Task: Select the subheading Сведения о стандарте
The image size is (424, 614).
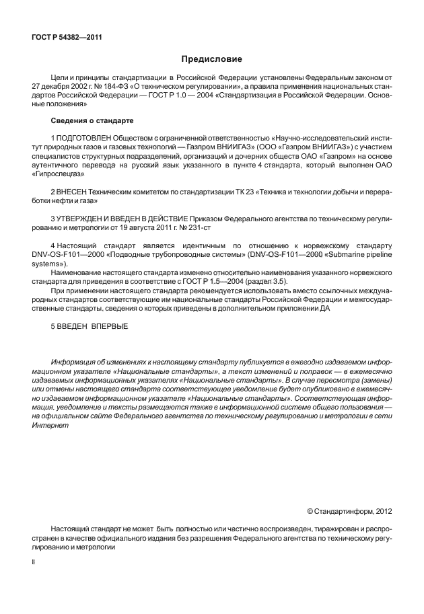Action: click(x=92, y=121)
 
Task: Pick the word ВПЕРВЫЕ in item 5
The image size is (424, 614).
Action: click(x=108, y=326)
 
